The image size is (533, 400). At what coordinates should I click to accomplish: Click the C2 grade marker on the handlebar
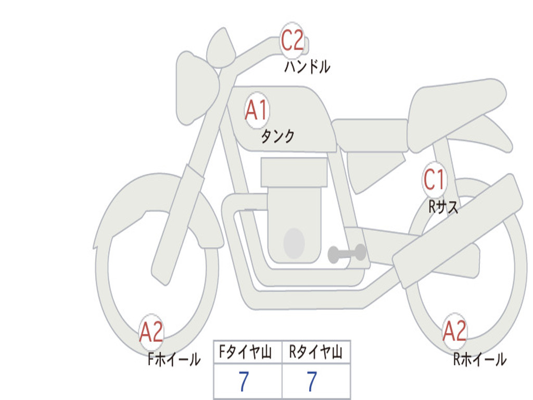pyautogui.click(x=291, y=40)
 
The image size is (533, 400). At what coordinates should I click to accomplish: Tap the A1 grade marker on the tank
pyautogui.click(x=257, y=110)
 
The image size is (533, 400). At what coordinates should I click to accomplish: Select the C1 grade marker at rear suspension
pyautogui.click(x=434, y=179)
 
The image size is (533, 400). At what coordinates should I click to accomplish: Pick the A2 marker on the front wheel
pyautogui.click(x=151, y=332)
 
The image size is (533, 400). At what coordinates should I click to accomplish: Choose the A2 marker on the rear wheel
pyautogui.click(x=454, y=331)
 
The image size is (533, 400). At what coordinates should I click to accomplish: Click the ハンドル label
pyautogui.click(x=307, y=67)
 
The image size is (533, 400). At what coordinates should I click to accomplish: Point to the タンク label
pyautogui.click(x=277, y=136)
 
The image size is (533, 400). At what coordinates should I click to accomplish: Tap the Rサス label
pyautogui.click(x=443, y=206)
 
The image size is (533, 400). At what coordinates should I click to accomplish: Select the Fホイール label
pyautogui.click(x=174, y=359)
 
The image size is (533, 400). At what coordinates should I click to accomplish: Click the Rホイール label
pyautogui.click(x=480, y=359)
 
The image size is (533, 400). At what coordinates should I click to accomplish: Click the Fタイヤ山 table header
pyautogui.click(x=245, y=352)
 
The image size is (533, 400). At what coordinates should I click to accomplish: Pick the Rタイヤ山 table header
pyautogui.click(x=315, y=352)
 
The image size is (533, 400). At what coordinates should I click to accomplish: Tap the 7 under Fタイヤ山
pyautogui.click(x=244, y=381)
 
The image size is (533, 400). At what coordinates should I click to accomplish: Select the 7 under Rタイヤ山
pyautogui.click(x=312, y=381)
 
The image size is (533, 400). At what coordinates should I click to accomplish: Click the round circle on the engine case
pyautogui.click(x=294, y=243)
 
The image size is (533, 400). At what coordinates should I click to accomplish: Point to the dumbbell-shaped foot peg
pyautogui.click(x=347, y=254)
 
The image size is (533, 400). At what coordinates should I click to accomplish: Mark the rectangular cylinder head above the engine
pyautogui.click(x=294, y=172)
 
